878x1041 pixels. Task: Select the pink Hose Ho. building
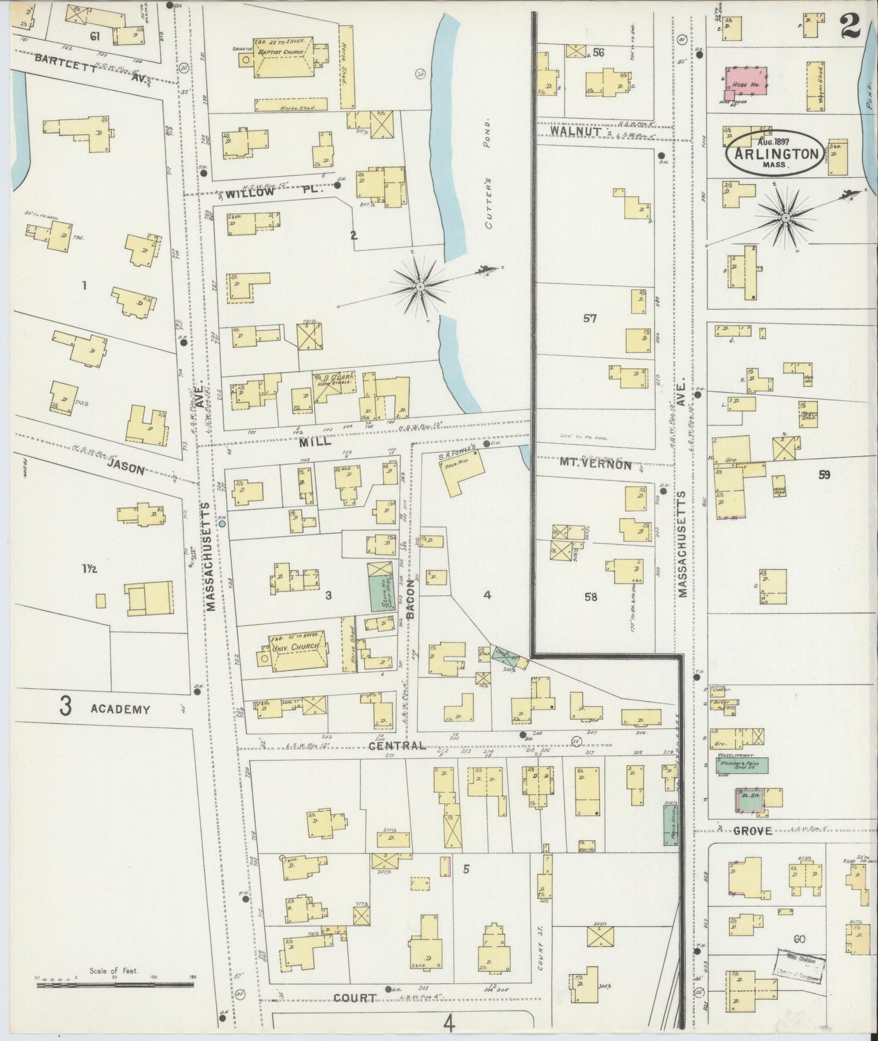point(744,82)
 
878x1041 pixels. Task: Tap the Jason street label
point(126,469)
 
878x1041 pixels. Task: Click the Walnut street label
point(576,131)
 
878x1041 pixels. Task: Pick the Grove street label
point(752,830)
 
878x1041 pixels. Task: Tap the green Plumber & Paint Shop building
point(743,765)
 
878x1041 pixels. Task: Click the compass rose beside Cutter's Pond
point(420,285)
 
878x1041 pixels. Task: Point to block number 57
point(590,318)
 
